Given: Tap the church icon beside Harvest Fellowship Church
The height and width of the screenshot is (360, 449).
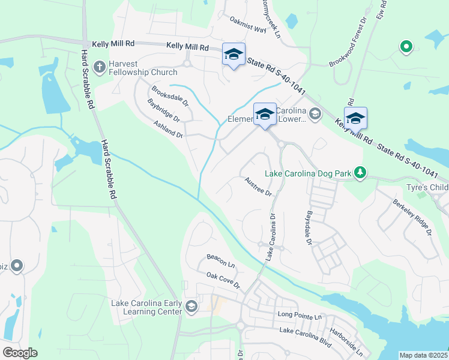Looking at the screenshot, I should pyautogui.click(x=102, y=65).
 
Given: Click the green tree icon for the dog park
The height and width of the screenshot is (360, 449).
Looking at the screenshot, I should pyautogui.click(x=360, y=173).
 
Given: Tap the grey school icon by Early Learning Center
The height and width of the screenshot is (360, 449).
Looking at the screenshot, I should pyautogui.click(x=191, y=307).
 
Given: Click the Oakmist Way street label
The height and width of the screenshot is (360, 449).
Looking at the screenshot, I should pyautogui.click(x=248, y=25).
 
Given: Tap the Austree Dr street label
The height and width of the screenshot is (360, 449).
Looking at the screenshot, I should pyautogui.click(x=259, y=186).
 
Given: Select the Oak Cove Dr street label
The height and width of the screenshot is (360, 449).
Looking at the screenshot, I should pyautogui.click(x=223, y=280).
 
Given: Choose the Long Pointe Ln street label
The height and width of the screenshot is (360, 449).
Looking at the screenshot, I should pyautogui.click(x=300, y=315).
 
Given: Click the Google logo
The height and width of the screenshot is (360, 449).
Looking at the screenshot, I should pyautogui.click(x=20, y=353).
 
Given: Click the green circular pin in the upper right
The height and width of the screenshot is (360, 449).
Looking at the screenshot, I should pyautogui.click(x=406, y=46).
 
